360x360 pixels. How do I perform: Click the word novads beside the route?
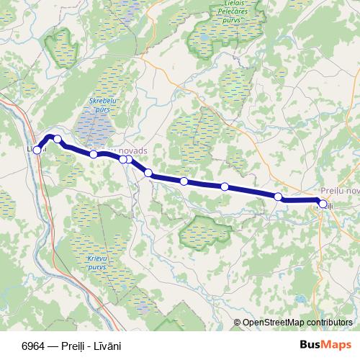click(132, 150)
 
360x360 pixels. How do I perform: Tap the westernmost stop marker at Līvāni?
click(37, 150)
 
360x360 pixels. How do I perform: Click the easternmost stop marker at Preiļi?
click(323, 204)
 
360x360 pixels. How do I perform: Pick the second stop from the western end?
click(58, 139)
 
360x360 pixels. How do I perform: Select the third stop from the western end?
click(94, 154)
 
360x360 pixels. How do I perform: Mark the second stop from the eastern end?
click(278, 196)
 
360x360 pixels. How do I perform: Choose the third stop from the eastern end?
click(225, 186)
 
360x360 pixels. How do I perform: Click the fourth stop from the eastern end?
click(184, 181)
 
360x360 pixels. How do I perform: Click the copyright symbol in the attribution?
click(238, 323)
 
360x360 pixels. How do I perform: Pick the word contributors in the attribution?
click(332, 323)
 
